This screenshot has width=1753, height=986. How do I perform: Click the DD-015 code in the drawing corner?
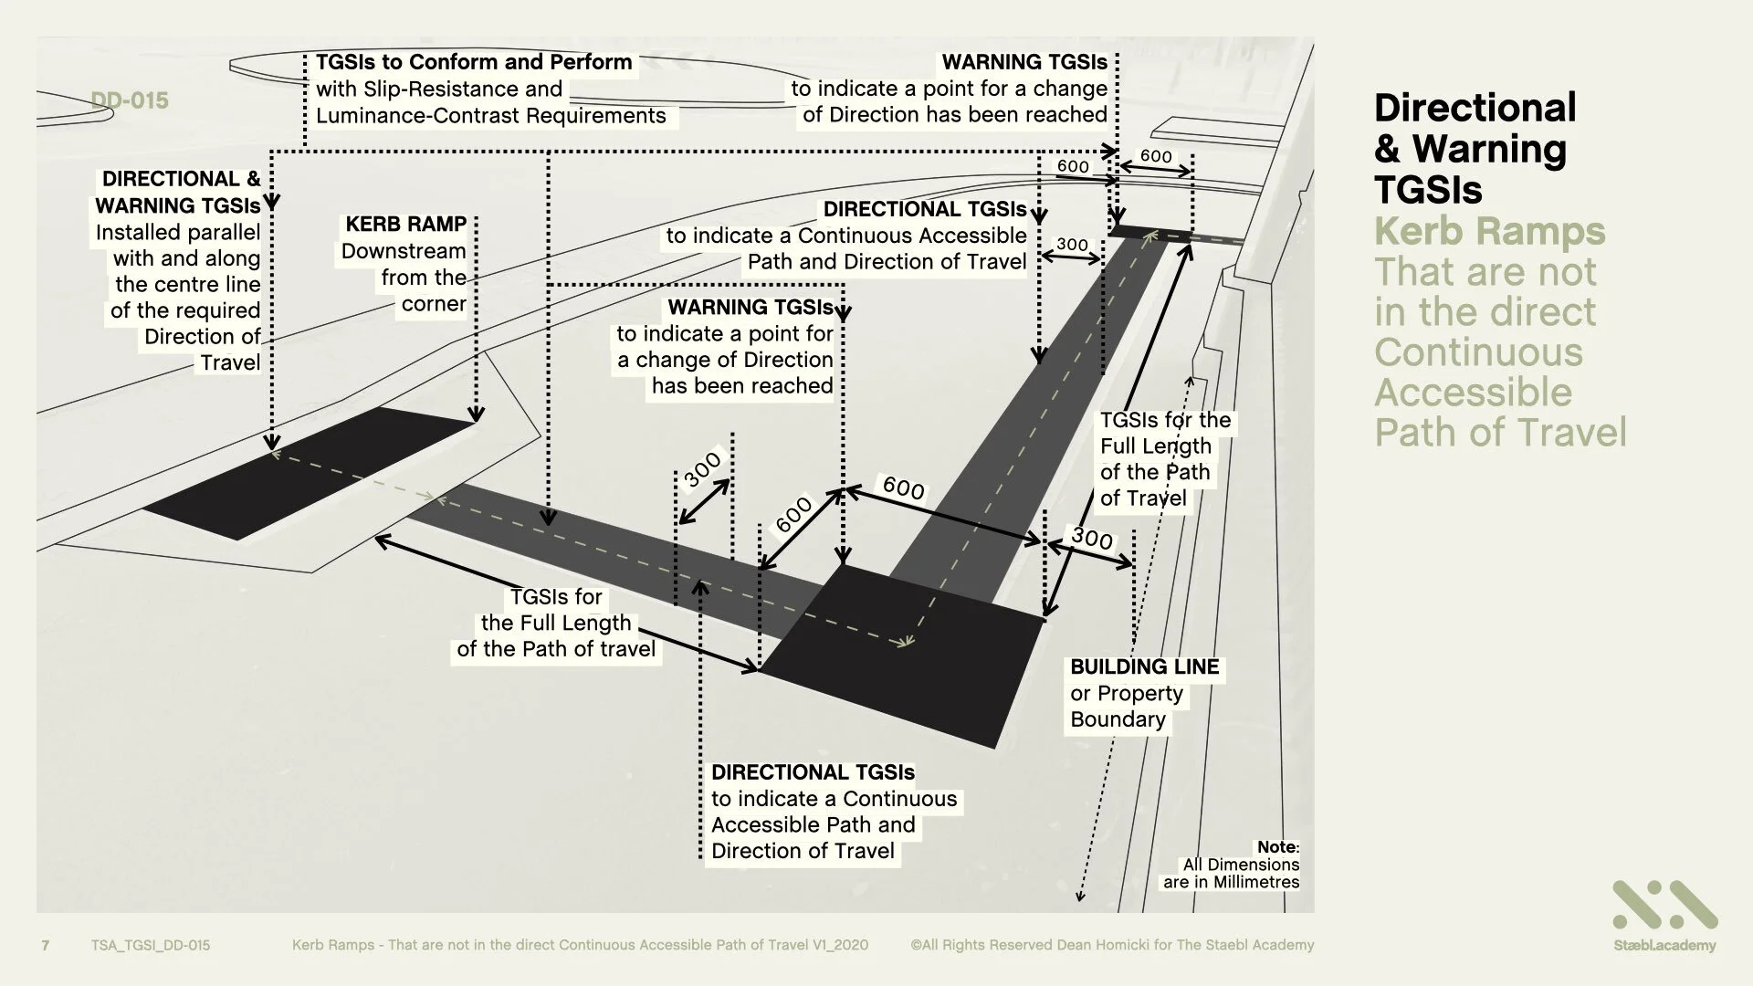click(130, 100)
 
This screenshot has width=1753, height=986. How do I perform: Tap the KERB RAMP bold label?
click(405, 225)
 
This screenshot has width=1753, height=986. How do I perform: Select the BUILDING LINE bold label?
click(1144, 667)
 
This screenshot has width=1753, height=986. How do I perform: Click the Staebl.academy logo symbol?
click(1664, 906)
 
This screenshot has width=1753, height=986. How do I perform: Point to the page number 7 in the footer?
click(46, 946)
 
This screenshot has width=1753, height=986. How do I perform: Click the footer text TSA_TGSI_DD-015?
click(151, 946)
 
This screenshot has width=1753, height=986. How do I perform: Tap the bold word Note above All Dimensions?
click(1276, 847)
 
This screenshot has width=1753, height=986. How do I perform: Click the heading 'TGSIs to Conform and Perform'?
click(474, 63)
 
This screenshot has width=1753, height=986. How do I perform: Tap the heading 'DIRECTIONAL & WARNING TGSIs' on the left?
click(179, 192)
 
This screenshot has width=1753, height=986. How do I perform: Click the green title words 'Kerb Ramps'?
click(1489, 231)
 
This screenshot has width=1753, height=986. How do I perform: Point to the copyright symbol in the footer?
click(916, 946)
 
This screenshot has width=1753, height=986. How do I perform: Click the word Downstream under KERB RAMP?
click(404, 251)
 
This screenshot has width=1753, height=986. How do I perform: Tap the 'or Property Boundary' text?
click(1126, 706)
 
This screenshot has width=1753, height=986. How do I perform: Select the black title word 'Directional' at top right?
click(1475, 108)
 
